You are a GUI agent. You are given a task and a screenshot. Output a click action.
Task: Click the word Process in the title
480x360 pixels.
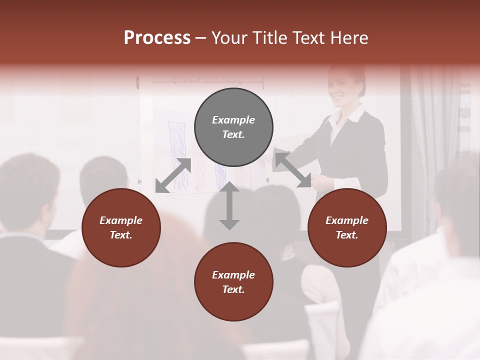157,38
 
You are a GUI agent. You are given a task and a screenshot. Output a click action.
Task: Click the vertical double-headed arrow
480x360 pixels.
229,205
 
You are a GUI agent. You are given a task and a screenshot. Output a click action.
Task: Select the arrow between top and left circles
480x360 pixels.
173,175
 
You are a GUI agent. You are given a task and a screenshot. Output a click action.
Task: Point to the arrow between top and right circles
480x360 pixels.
293,170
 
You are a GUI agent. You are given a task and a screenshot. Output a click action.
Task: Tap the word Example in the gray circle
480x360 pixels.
233,120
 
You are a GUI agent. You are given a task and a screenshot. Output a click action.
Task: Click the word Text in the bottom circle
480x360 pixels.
233,289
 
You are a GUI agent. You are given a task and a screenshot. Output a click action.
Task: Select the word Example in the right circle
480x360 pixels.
347,220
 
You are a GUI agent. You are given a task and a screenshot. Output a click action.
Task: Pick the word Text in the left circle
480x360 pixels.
121,235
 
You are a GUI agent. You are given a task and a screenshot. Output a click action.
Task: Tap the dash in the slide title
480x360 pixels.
200,38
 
